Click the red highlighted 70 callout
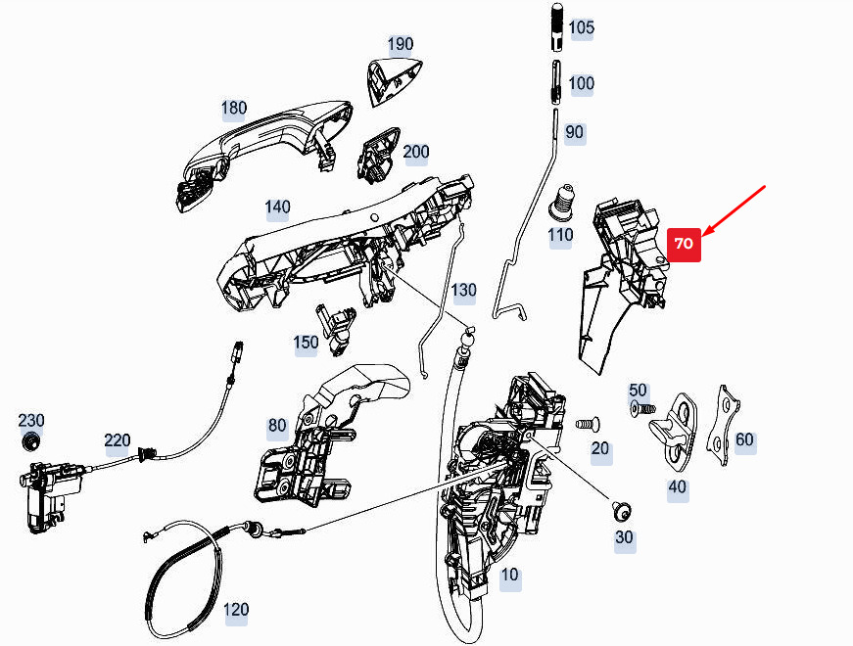coord(684,244)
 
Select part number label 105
coord(581,27)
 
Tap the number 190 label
coord(401,44)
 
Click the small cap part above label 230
coord(30,441)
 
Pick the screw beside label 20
coord(588,423)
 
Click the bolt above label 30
coord(622,511)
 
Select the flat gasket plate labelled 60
coord(723,426)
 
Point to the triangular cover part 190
coord(393,80)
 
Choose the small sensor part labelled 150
coord(335,328)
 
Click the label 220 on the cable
coord(118,439)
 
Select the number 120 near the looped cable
coord(236,609)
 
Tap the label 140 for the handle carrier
coord(277,208)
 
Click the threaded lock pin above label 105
coord(557,27)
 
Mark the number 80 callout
coord(277,425)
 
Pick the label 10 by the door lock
coord(509,575)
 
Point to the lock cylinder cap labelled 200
coord(378,155)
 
